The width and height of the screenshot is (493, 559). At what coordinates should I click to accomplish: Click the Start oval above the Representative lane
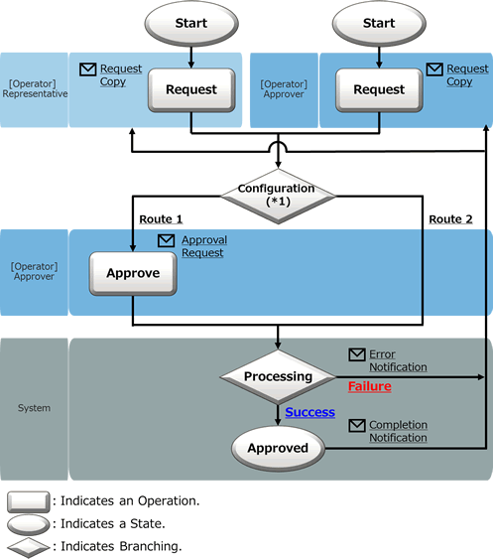click(x=191, y=23)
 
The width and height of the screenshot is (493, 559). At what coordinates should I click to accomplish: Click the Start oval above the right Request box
click(x=379, y=23)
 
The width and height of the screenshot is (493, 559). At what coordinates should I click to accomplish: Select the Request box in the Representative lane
click(x=191, y=90)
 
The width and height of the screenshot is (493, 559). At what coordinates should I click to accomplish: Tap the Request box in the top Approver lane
click(x=379, y=90)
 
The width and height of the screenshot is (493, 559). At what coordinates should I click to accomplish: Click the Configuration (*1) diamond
click(x=278, y=196)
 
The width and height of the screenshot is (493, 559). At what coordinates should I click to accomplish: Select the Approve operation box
click(x=133, y=273)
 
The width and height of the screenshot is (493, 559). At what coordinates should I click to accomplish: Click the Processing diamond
click(x=278, y=377)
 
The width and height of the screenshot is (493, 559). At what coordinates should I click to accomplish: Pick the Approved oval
click(x=278, y=448)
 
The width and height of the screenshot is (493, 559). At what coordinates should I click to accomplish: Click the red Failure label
click(x=370, y=386)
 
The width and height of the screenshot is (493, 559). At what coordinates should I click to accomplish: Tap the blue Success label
click(x=309, y=412)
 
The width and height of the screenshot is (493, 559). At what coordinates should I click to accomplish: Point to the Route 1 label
click(x=161, y=219)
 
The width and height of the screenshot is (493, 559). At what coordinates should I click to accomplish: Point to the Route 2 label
click(x=450, y=219)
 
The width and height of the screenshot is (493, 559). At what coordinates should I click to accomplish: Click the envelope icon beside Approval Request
click(x=166, y=240)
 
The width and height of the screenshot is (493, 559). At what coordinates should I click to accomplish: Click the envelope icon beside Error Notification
click(x=357, y=354)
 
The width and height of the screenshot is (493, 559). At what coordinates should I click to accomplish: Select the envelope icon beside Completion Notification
click(x=357, y=425)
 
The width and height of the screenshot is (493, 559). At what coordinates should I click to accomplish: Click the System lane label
click(x=34, y=408)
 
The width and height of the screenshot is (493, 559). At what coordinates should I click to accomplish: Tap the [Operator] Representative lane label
click(x=35, y=88)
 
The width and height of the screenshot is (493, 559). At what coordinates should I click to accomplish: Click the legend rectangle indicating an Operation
click(x=29, y=501)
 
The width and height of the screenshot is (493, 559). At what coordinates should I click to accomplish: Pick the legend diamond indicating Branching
click(x=29, y=547)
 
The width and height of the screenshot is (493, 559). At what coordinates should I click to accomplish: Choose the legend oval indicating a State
click(x=29, y=525)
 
